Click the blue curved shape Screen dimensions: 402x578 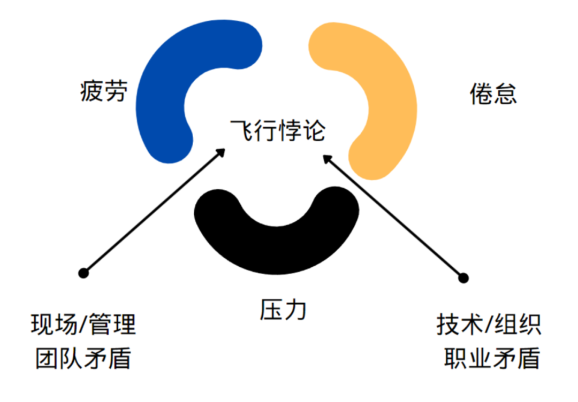point(161,91)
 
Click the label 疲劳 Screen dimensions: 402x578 point(104,91)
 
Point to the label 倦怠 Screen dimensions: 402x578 point(493,94)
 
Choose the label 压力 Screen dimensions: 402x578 point(284,310)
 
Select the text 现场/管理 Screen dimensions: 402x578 point(83,324)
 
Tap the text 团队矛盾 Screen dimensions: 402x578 point(83,358)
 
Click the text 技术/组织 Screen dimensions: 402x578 point(489,324)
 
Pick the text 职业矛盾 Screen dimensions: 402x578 point(492,358)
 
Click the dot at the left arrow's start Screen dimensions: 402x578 point(83,273)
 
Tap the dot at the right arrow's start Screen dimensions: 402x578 point(463,278)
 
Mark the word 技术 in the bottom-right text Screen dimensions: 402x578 point(455,324)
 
